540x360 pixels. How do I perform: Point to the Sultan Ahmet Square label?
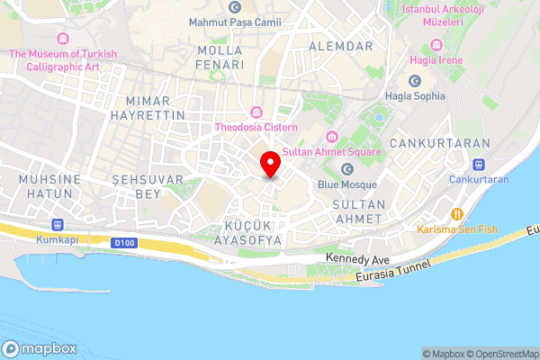tap(332, 151)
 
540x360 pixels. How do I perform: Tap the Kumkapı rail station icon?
tap(59, 224)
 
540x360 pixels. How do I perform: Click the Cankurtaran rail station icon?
tap(478, 165)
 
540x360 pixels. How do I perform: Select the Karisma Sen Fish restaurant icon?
tap(457, 214)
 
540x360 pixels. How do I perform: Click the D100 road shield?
tap(124, 242)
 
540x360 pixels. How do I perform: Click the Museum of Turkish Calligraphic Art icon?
tap(63, 39)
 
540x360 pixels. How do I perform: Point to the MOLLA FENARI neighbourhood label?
tap(220, 58)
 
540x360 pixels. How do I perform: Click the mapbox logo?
tap(40, 348)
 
